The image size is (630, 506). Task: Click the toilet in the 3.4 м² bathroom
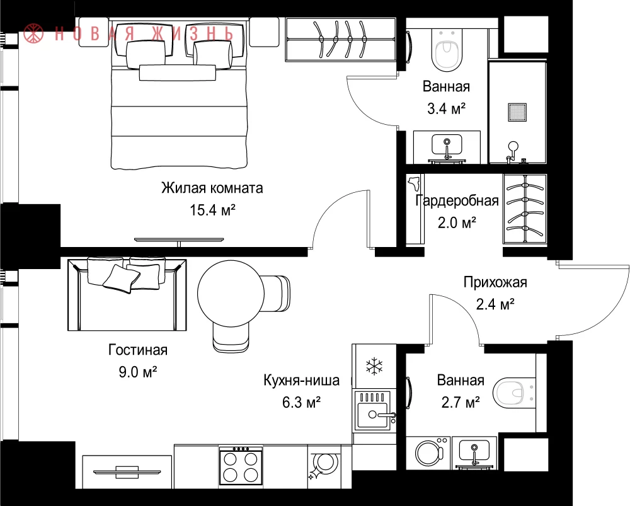(x=447, y=50)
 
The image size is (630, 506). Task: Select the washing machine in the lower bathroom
(x=428, y=453)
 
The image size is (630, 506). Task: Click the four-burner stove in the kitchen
(x=241, y=466)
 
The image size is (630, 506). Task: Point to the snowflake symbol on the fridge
(x=374, y=365)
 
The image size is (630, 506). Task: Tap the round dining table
(x=231, y=294)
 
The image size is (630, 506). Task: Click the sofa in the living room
(x=127, y=294)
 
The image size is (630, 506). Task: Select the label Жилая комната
(x=212, y=188)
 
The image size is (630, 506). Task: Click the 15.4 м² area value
(x=212, y=210)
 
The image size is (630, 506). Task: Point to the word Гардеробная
(x=457, y=200)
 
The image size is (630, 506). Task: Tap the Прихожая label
(x=495, y=282)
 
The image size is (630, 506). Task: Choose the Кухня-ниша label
(x=301, y=380)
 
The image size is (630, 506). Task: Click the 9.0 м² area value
(x=137, y=372)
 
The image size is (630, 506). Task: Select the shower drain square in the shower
(x=517, y=112)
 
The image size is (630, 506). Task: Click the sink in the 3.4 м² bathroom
(x=447, y=145)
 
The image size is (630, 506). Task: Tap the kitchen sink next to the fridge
(x=374, y=411)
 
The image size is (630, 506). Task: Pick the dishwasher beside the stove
(x=323, y=466)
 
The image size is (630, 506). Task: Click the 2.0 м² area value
(x=457, y=222)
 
